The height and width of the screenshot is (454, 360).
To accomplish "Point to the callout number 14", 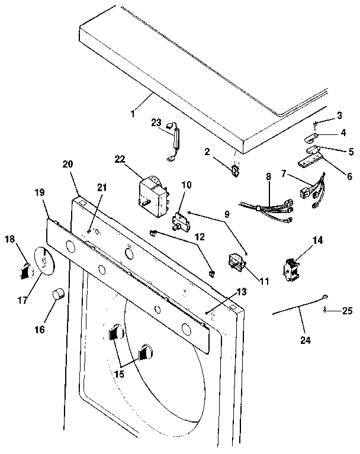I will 318,240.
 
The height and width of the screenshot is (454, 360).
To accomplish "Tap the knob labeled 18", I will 24,270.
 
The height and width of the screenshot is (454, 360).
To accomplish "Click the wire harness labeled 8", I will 266,210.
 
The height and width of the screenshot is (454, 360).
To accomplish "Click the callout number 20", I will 66,165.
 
